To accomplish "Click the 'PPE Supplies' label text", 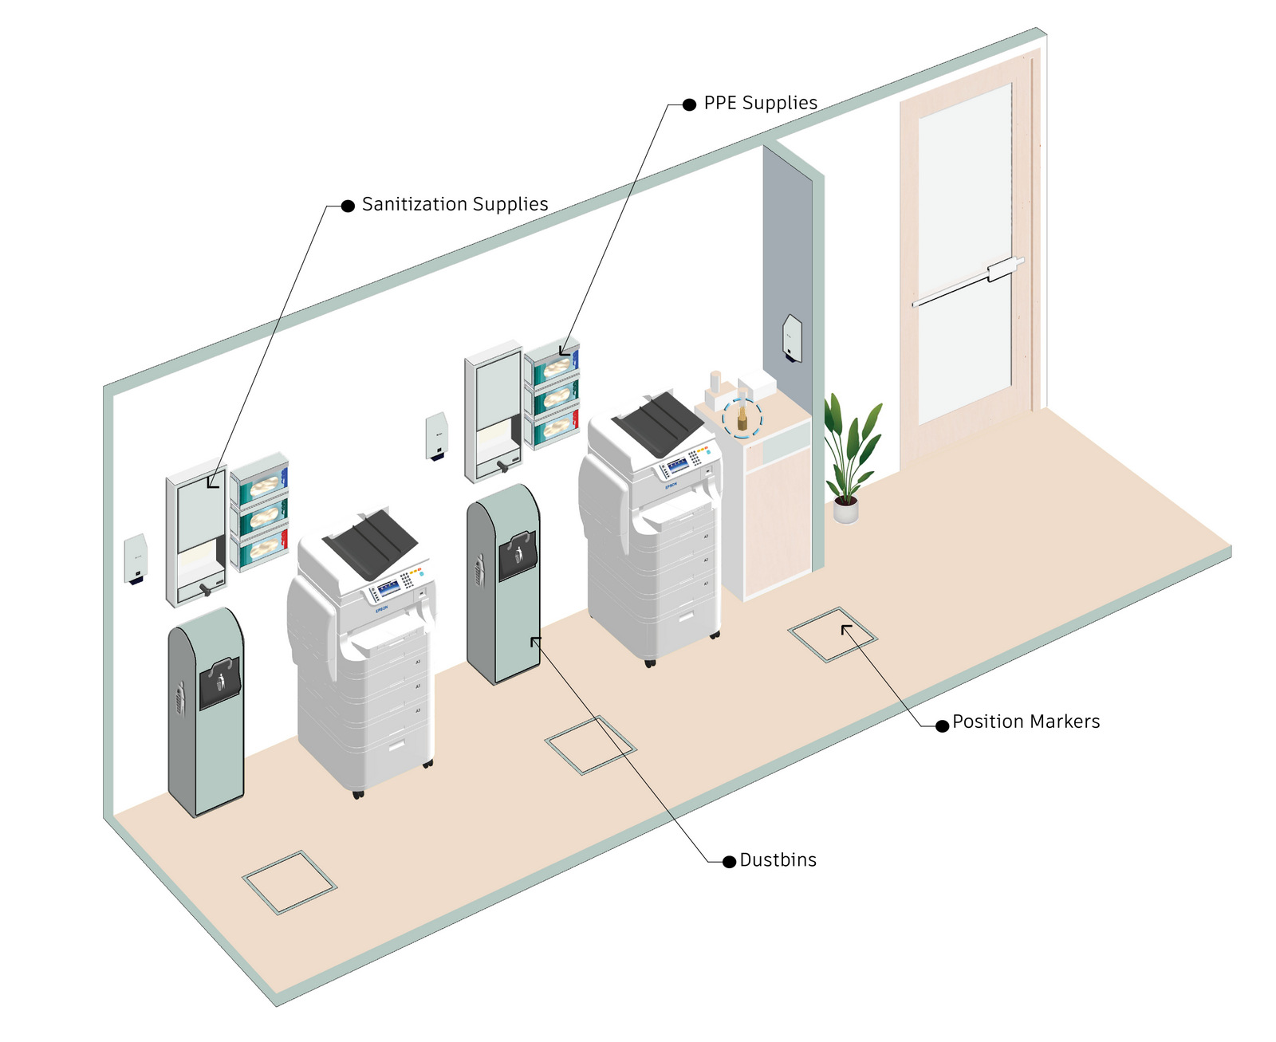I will pos(760,104).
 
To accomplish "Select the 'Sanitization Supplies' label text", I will pos(455,205).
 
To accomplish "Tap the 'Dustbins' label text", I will pos(778,860).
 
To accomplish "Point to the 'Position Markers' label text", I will pos(1026,722).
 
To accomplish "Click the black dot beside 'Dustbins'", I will pos(729,862).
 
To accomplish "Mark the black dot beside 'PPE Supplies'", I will pos(690,104).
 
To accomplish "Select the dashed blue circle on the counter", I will pos(742,417).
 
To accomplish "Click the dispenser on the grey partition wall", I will pos(792,339).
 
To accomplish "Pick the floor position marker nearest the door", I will pos(833,635).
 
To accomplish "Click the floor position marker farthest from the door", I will pos(289,882).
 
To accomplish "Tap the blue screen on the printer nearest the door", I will pos(679,466).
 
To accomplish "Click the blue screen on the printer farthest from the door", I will pos(388,588).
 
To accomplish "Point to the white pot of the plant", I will pos(846,509).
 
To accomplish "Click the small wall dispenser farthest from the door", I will pos(136,559).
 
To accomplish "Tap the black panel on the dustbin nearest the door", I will pos(518,556).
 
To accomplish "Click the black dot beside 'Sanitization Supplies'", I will pos(348,206).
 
